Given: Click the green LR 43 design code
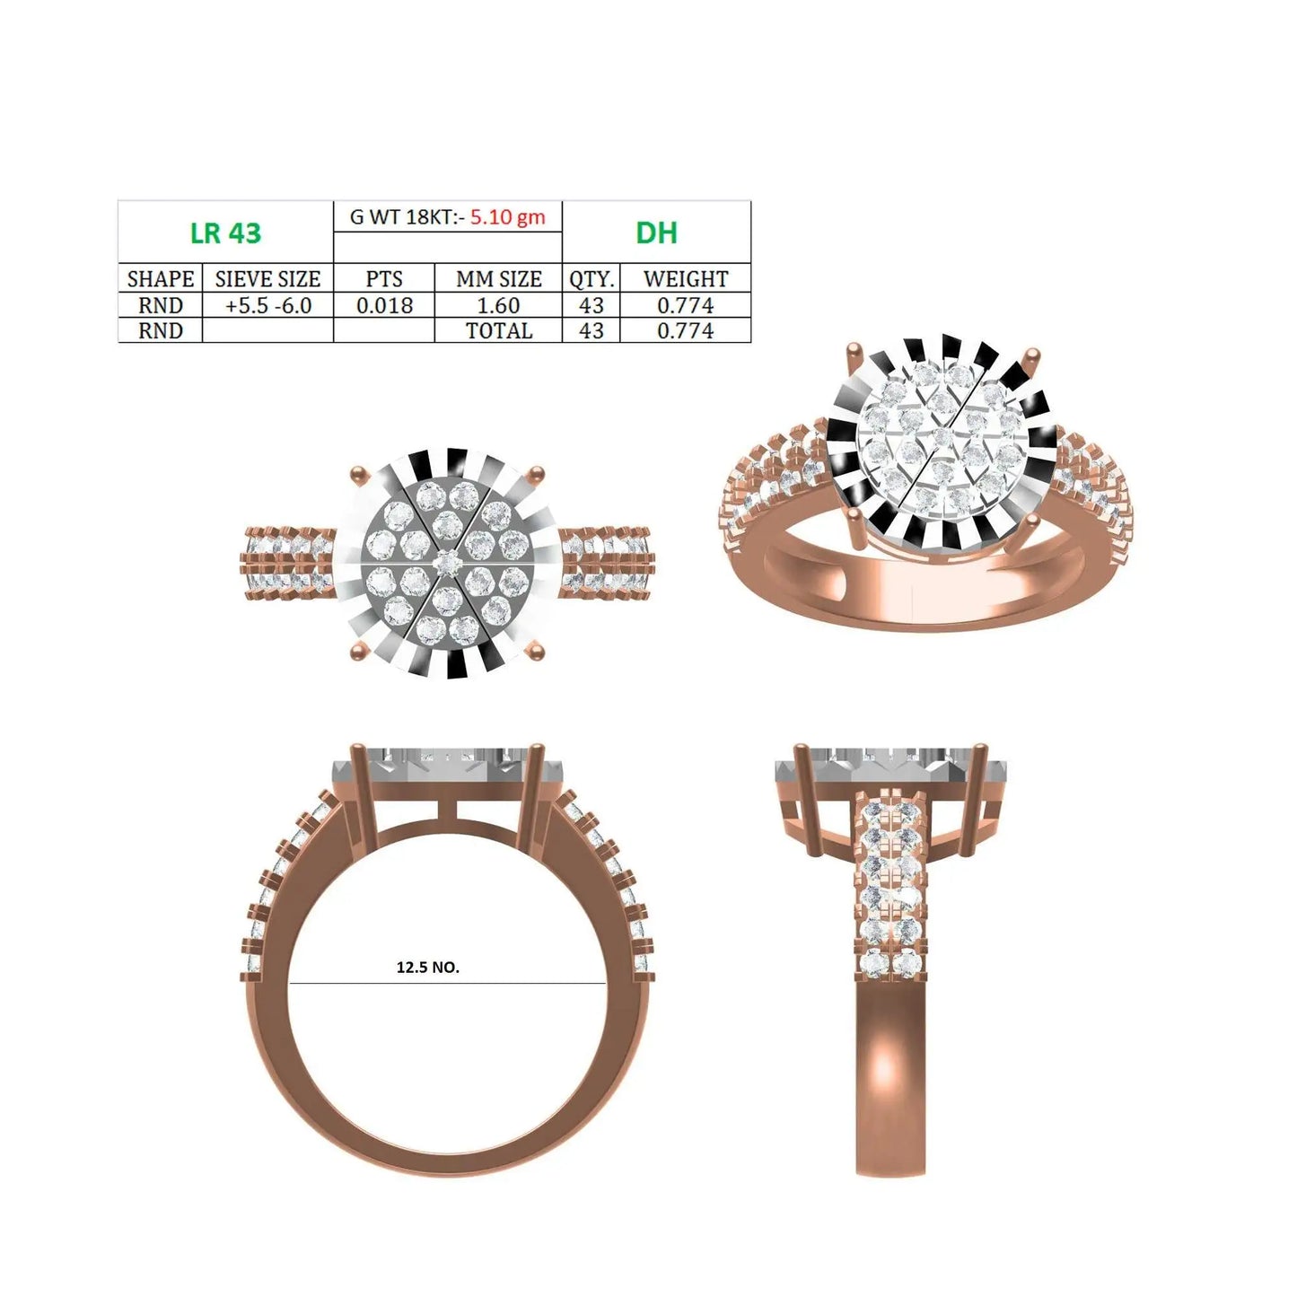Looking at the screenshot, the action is tap(225, 232).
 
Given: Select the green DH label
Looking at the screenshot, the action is tap(656, 232).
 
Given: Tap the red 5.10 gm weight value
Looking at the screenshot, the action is tap(507, 216).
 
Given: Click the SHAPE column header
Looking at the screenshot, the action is tap(160, 278).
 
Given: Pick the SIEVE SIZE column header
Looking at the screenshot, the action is tap(267, 278).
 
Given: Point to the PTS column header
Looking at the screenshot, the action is tap(384, 278).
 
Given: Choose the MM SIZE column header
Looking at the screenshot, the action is tap(499, 278).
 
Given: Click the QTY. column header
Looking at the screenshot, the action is tap(592, 278).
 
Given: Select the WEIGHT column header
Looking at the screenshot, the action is tap(686, 278).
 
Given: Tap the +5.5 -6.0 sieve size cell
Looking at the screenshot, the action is tap(267, 305).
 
